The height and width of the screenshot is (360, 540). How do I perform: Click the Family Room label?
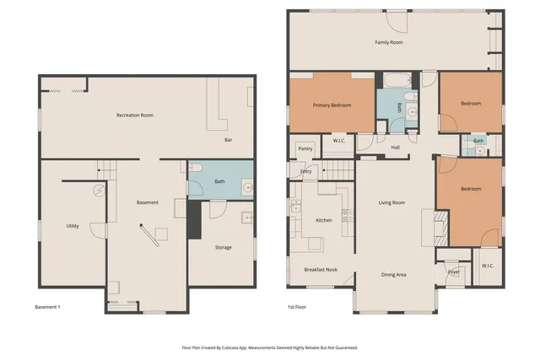click(x=389, y=41)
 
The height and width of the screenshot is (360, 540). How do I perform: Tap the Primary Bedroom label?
click(x=332, y=105)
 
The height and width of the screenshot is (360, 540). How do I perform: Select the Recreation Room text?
click(x=134, y=114)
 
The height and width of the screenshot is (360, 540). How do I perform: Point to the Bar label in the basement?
click(x=228, y=140)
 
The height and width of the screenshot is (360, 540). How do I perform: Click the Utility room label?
click(x=73, y=226)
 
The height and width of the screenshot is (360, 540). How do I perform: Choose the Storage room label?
click(x=223, y=247)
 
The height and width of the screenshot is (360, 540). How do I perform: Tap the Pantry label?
click(x=305, y=148)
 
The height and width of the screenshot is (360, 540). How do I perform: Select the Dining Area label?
click(x=394, y=274)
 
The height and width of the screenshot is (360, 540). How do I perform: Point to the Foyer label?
click(x=454, y=271)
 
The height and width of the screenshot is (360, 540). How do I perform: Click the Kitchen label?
click(x=324, y=219)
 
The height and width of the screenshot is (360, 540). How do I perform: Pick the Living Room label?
click(x=391, y=202)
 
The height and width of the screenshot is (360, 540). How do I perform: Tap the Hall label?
click(x=395, y=148)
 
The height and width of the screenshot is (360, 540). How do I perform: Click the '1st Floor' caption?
click(x=296, y=307)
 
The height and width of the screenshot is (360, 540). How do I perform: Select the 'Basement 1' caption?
click(x=47, y=307)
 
